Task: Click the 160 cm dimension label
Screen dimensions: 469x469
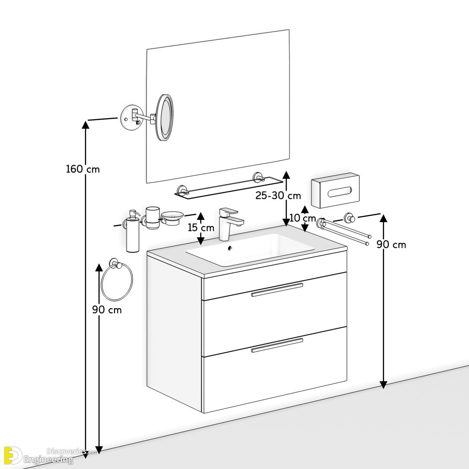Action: click(82, 169)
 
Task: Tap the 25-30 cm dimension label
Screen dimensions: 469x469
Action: click(278, 196)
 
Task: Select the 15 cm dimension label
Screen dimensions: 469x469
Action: click(201, 227)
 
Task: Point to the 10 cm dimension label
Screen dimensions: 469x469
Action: click(303, 218)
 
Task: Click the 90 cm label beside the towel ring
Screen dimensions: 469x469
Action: click(107, 310)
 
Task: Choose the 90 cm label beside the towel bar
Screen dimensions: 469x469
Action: click(391, 245)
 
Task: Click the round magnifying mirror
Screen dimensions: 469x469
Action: click(165, 117)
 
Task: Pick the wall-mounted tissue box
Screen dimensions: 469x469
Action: click(335, 191)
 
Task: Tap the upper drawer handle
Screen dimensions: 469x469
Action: click(277, 289)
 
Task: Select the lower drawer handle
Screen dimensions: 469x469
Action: click(277, 345)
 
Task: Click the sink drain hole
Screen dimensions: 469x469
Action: click(230, 249)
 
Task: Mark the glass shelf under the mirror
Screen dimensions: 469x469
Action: click(228, 188)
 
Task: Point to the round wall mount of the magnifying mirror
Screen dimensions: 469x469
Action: click(129, 116)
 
